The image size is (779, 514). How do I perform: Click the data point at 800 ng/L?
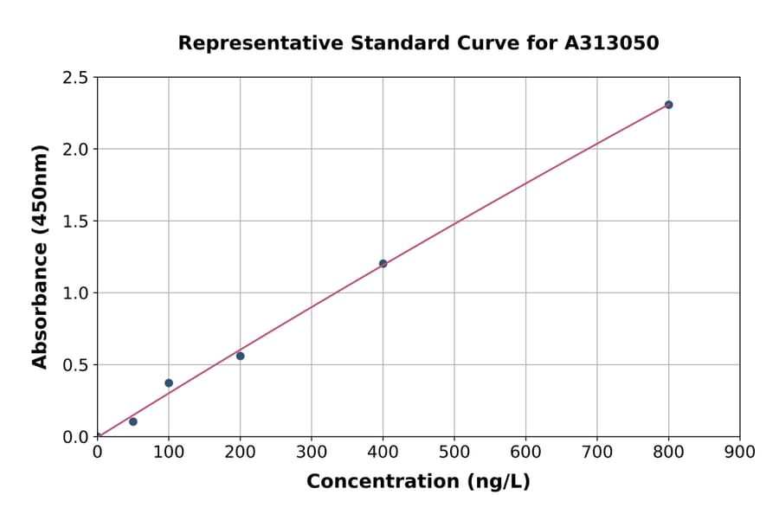click(668, 105)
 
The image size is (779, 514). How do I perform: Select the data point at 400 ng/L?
click(383, 264)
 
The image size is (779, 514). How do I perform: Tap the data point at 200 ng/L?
click(240, 356)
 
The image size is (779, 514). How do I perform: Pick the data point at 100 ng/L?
click(169, 382)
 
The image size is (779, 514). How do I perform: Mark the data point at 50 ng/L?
click(133, 421)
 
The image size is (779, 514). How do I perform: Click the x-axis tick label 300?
click(312, 452)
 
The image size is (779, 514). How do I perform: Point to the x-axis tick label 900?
click(740, 452)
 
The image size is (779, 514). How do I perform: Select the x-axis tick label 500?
click(454, 452)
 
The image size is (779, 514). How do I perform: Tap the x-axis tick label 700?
click(597, 452)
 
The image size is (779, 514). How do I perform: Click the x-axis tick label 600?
click(525, 452)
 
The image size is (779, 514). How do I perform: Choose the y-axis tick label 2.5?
click(75, 78)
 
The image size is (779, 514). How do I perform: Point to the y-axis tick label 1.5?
click(75, 222)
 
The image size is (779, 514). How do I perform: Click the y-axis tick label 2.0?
click(75, 150)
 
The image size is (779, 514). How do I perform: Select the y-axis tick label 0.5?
click(75, 365)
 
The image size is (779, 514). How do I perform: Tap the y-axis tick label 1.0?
click(75, 293)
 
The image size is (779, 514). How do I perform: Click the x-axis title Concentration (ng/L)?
click(418, 481)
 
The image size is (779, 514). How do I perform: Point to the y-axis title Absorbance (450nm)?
click(40, 257)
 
